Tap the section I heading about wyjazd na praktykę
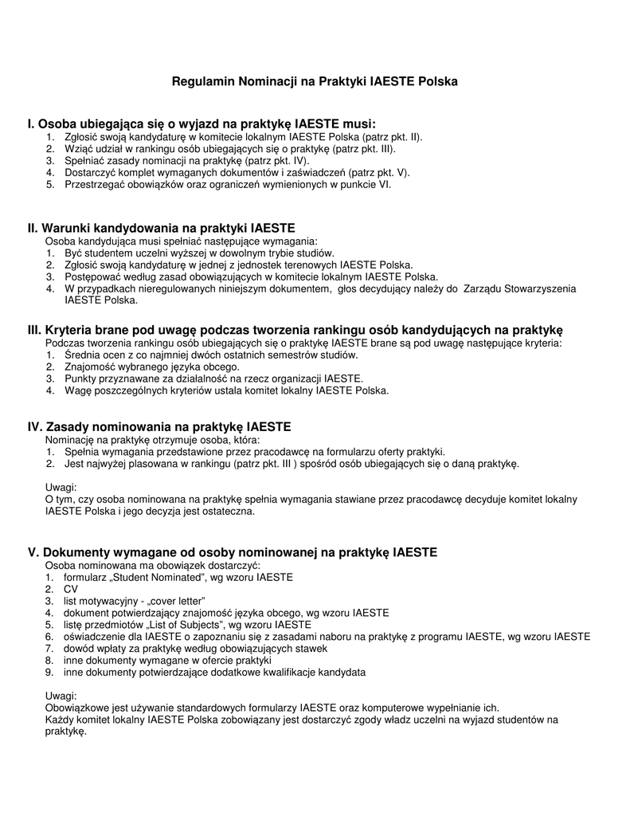[x=201, y=124]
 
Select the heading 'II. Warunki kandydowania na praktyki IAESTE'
[x=161, y=228]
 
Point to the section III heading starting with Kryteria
[x=295, y=329]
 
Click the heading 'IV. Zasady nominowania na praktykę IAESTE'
[x=159, y=427]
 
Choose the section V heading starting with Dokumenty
[x=233, y=552]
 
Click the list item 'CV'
[x=71, y=589]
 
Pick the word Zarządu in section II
[x=482, y=288]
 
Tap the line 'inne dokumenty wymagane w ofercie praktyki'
[x=167, y=661]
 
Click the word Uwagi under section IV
[x=61, y=487]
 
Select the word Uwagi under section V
[x=61, y=696]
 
